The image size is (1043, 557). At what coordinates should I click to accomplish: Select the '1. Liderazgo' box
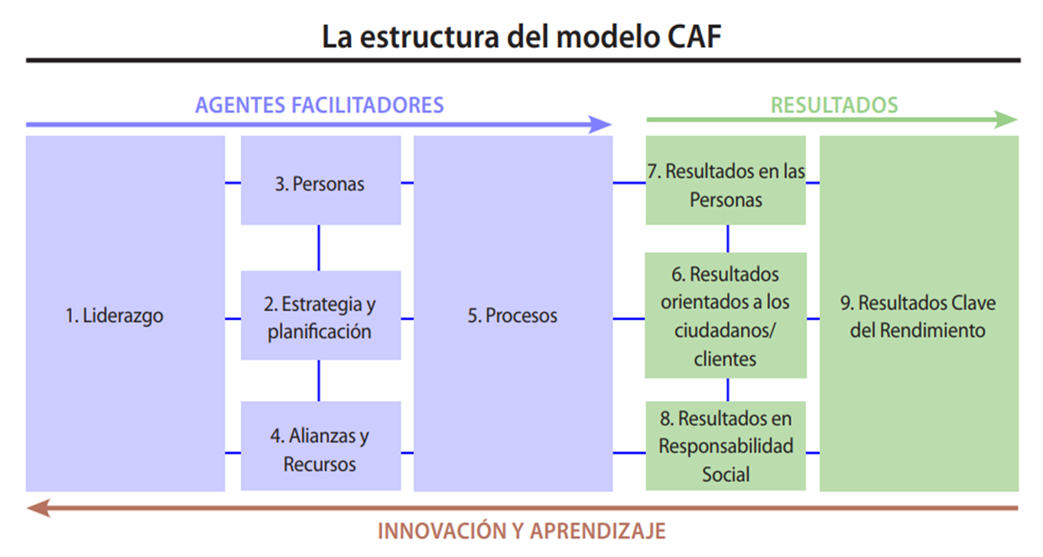pyautogui.click(x=125, y=314)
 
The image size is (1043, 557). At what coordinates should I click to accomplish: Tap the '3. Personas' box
pyautogui.click(x=320, y=181)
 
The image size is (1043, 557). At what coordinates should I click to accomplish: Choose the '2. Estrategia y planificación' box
pyautogui.click(x=320, y=315)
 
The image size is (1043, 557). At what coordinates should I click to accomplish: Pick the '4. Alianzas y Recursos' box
pyautogui.click(x=320, y=447)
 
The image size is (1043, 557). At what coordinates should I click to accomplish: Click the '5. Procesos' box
pyautogui.click(x=512, y=314)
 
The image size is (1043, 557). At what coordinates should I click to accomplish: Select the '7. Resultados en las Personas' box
pyautogui.click(x=726, y=181)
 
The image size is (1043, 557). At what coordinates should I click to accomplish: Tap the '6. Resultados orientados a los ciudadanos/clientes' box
pyautogui.click(x=726, y=315)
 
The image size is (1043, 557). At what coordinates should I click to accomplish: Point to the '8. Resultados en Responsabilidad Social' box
pyautogui.click(x=726, y=447)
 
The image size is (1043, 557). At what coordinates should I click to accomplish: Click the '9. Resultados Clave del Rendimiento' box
pyautogui.click(x=918, y=314)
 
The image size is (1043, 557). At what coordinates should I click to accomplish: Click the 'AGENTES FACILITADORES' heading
pyautogui.click(x=320, y=105)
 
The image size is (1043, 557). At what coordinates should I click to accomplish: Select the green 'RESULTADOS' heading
pyautogui.click(x=834, y=105)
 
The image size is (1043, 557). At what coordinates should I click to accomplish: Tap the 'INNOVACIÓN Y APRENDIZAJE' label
pyautogui.click(x=521, y=530)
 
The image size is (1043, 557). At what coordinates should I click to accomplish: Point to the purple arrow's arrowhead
pyautogui.click(x=601, y=124)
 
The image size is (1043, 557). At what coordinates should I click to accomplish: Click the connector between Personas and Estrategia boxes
pyautogui.click(x=319, y=248)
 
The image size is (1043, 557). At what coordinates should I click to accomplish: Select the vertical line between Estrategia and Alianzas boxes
pyautogui.click(x=319, y=380)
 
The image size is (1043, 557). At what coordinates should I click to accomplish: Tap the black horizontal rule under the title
pyautogui.click(x=521, y=60)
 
